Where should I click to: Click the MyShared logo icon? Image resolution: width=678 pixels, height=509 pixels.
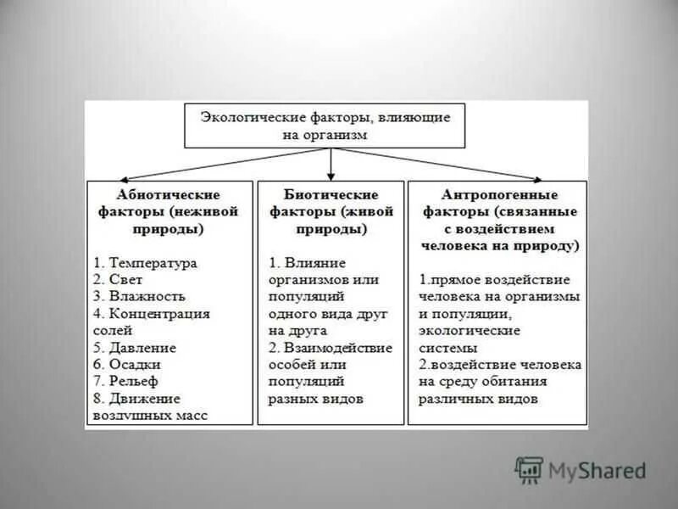coord(529,470)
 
